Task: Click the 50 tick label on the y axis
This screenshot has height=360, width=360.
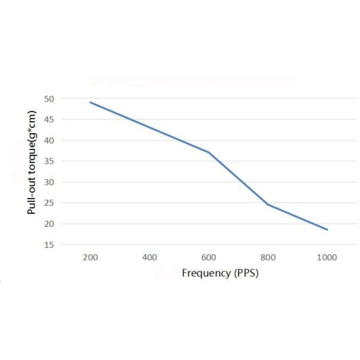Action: (49, 99)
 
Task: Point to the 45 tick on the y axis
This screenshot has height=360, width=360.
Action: (49, 119)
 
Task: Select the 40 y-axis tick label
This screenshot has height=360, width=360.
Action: (49, 140)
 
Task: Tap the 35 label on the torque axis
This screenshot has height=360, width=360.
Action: (49, 161)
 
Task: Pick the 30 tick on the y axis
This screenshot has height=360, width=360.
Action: (49, 182)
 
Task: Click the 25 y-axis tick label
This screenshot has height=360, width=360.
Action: (49, 203)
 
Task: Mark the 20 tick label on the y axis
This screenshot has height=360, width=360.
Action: (49, 224)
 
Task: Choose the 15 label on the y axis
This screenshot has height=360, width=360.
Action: (49, 245)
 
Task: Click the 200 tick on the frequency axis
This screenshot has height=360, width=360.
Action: (90, 257)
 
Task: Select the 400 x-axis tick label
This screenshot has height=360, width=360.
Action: (149, 257)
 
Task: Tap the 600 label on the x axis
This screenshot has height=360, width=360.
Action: (208, 257)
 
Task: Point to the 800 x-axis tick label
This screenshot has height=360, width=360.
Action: (268, 257)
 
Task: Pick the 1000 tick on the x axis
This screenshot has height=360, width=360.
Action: (327, 257)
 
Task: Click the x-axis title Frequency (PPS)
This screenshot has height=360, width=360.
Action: (220, 273)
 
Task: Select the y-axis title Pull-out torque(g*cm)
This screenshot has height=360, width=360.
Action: (31, 163)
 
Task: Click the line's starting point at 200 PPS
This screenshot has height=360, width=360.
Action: (90, 103)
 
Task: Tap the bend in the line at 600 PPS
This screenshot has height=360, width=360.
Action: (209, 152)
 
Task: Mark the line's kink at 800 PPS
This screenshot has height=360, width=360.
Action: (268, 205)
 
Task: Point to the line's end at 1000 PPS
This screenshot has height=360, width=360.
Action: (327, 229)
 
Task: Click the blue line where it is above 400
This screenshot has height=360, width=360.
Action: (149, 127)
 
